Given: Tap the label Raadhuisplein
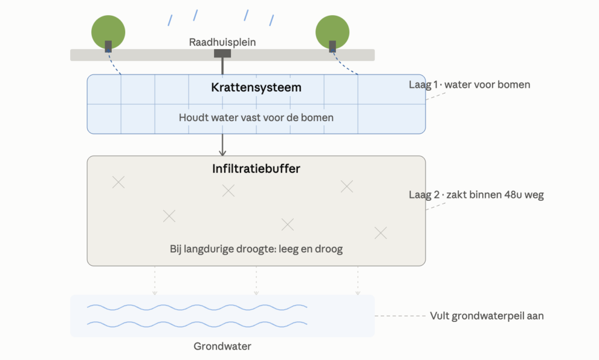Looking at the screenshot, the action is click(222, 42).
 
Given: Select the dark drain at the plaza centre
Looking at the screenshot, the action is click(222, 53).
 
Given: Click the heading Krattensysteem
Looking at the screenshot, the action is click(256, 88).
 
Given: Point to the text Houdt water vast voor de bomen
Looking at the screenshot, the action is click(256, 117).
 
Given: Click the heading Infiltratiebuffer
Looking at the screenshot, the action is click(256, 169).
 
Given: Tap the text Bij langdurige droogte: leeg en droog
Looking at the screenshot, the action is click(256, 249).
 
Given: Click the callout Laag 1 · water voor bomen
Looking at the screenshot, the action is click(470, 84).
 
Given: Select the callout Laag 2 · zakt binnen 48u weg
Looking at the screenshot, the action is click(476, 194).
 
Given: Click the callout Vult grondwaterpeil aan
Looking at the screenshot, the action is click(487, 316).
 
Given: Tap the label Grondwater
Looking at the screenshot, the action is click(222, 346).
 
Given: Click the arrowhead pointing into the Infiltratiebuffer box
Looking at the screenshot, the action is click(222, 153).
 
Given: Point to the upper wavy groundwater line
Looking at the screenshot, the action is click(197, 307).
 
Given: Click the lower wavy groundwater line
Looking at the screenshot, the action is click(197, 324).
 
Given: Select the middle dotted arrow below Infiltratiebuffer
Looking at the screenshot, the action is click(256, 281).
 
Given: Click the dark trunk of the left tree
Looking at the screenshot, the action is click(108, 46).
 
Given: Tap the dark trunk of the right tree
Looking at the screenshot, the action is click(332, 46).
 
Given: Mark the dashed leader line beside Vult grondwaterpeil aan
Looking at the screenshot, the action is click(400, 316).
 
